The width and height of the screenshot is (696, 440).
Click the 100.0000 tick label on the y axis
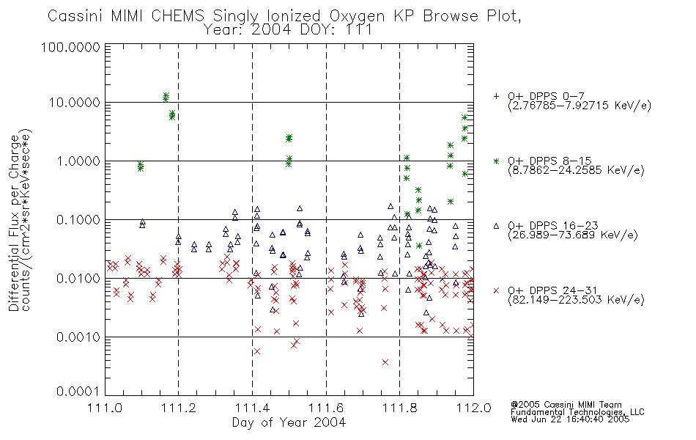pyautogui.click(x=70, y=47)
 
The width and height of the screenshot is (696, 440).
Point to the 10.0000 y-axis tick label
pyautogui.click(x=74, y=103)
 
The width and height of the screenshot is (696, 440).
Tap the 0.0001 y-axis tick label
pyautogui.click(x=78, y=392)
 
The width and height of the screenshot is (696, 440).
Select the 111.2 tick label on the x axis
pyautogui.click(x=179, y=408)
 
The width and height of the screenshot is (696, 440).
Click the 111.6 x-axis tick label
pyautogui.click(x=326, y=408)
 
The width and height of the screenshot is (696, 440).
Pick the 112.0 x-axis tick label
pyautogui.click(x=473, y=408)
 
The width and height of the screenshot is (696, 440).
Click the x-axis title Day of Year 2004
pyautogui.click(x=289, y=422)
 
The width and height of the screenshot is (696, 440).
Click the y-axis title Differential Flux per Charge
pyautogui.click(x=14, y=223)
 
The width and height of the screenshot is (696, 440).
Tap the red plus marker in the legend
pyautogui.click(x=496, y=96)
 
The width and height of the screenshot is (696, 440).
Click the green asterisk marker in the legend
pyautogui.click(x=496, y=161)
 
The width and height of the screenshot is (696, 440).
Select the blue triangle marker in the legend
pyautogui.click(x=496, y=226)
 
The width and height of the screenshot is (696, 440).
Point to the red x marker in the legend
pyautogui.click(x=496, y=290)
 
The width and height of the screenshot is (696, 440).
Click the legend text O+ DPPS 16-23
pyautogui.click(x=553, y=226)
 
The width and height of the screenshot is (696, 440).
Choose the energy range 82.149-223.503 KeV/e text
pyautogui.click(x=576, y=299)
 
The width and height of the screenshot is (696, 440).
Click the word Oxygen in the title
pyautogui.click(x=358, y=16)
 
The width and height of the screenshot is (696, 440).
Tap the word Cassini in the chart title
pyautogui.click(x=75, y=16)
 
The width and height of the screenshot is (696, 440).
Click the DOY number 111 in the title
pyautogui.click(x=359, y=30)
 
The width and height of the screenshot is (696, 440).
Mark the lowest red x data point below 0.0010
pyautogui.click(x=385, y=362)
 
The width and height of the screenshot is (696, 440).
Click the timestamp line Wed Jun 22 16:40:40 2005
pyautogui.click(x=570, y=419)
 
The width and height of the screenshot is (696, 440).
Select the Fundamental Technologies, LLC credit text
pyautogui.click(x=577, y=412)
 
